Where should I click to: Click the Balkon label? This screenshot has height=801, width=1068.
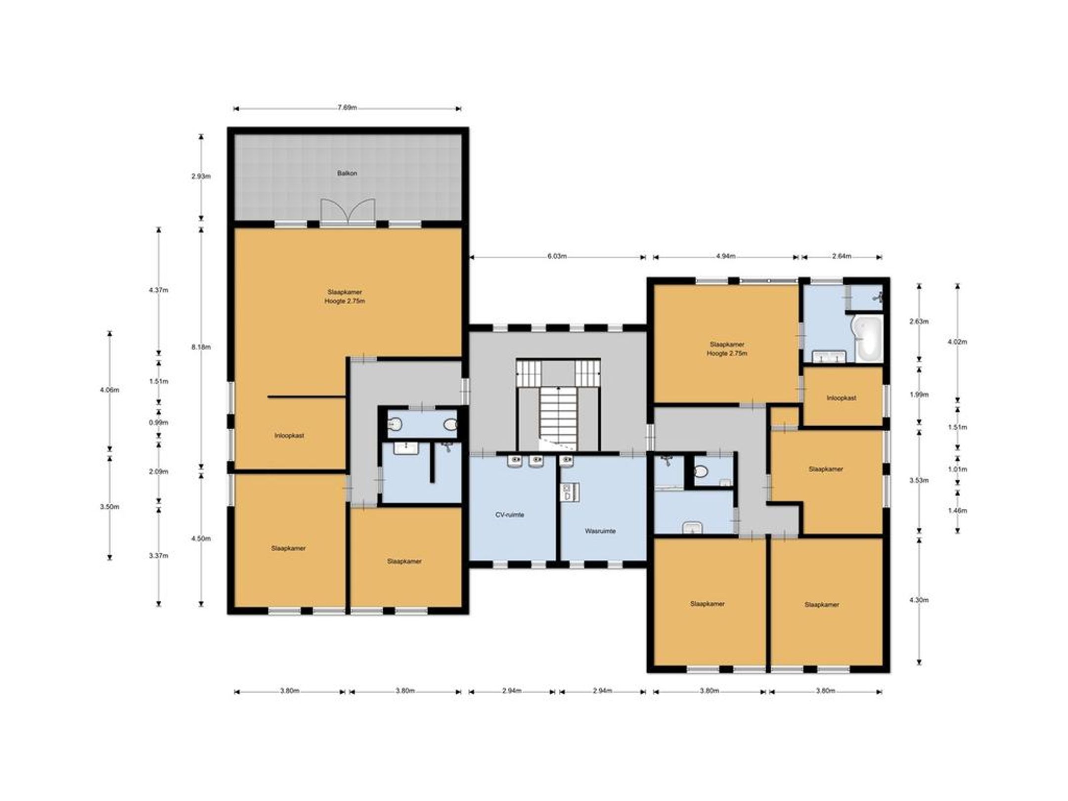click(347, 174)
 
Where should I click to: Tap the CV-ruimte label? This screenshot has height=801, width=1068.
click(510, 515)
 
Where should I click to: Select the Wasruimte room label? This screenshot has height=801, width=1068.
click(600, 531)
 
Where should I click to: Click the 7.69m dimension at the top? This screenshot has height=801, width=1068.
click(347, 108)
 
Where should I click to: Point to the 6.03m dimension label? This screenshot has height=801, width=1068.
click(557, 256)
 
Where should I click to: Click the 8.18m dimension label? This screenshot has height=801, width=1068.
click(201, 347)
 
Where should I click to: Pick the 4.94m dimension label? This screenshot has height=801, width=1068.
click(726, 256)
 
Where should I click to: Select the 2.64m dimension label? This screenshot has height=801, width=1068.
click(842, 256)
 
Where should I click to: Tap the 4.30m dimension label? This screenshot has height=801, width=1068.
click(919, 600)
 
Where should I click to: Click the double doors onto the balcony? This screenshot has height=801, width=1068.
click(348, 211)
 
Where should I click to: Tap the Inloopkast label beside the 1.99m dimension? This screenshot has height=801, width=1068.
click(842, 398)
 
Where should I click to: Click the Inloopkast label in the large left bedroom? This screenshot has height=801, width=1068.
click(289, 436)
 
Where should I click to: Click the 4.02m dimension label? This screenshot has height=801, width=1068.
click(957, 342)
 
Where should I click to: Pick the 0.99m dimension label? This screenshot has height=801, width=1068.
click(159, 422)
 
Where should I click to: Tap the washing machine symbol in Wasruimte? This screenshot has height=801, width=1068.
click(566, 493)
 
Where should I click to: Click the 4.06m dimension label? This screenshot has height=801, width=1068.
click(109, 390)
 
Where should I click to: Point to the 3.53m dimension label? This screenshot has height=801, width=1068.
click(919, 480)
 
